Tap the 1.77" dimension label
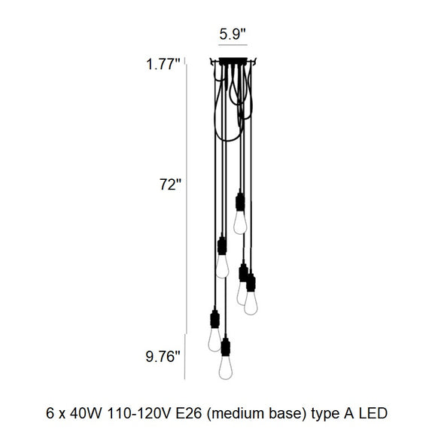[x=163, y=65]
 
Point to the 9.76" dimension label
[x=163, y=356]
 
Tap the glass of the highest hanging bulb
[x=240, y=222]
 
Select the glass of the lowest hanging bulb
[x=226, y=369]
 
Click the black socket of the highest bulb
[x=240, y=202]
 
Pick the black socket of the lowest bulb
[x=226, y=347]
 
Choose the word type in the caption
[x=322, y=413]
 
